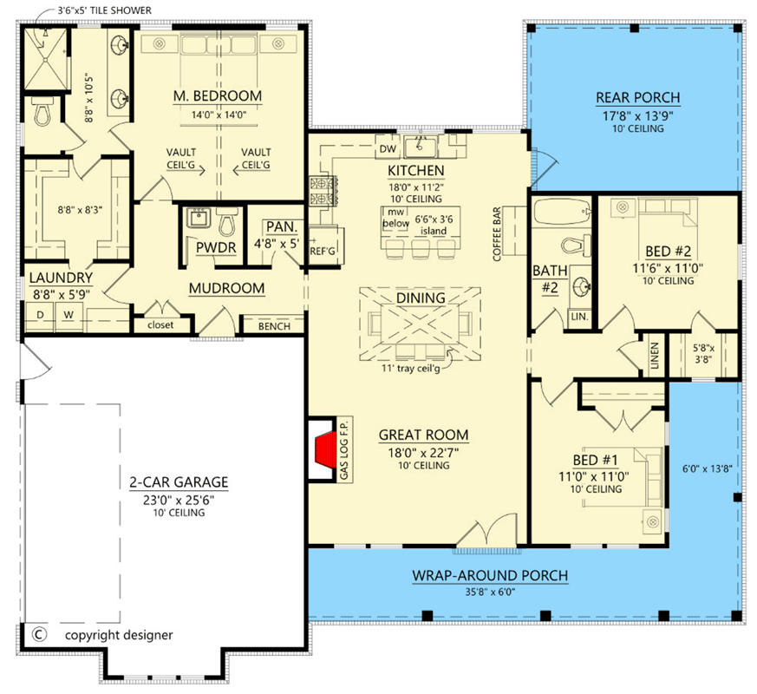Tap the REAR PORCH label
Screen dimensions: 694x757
point(637,97)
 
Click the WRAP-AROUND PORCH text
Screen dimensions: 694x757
point(490,575)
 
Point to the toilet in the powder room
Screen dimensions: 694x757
point(226,224)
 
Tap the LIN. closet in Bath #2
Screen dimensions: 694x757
point(578,318)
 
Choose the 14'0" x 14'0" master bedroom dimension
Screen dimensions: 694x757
point(217,113)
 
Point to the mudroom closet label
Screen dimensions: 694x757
point(161,325)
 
